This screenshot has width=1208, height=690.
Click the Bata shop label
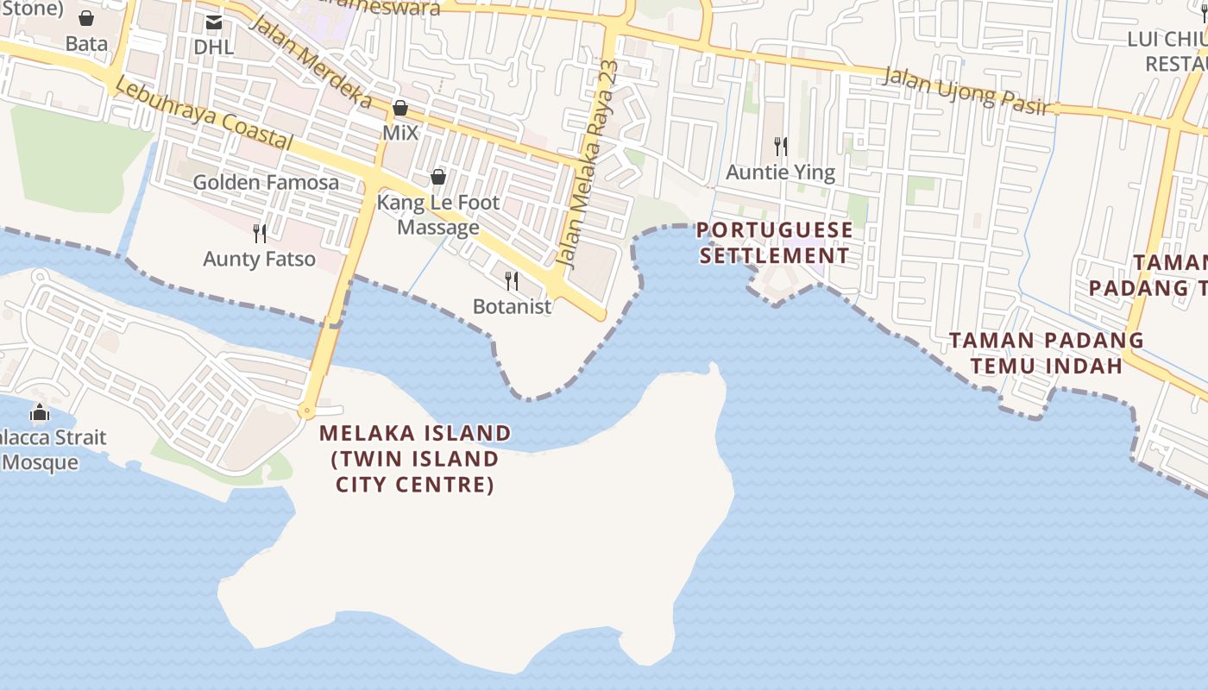[86, 43]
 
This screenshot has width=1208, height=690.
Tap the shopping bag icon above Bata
[86, 18]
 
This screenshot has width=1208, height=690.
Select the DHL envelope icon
[213, 22]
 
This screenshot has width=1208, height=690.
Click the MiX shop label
[400, 133]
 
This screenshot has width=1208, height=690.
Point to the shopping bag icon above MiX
[400, 109]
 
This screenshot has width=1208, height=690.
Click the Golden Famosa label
[266, 182]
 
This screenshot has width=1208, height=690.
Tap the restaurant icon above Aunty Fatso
[259, 233]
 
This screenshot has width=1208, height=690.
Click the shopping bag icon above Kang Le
[438, 178]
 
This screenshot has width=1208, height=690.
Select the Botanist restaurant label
[512, 306]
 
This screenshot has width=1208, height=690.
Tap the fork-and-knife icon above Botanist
[512, 281]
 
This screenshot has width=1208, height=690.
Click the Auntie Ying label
[780, 172]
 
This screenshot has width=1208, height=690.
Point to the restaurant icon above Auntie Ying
[781, 146]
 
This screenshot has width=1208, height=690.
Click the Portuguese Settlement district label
[774, 243]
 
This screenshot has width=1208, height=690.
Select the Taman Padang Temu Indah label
[1047, 353]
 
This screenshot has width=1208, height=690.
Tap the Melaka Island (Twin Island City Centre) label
[415, 459]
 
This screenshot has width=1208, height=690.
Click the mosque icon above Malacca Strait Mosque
[40, 413]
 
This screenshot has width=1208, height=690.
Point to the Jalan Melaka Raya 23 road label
[588, 164]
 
